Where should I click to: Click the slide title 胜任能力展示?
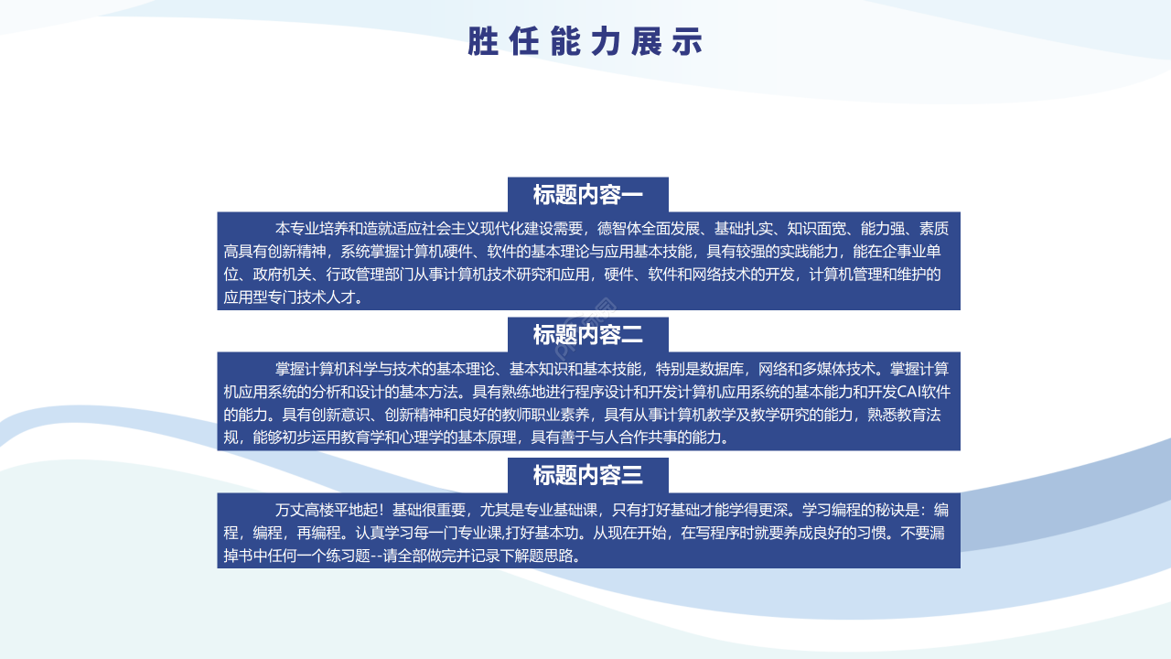pyautogui.click(x=585, y=42)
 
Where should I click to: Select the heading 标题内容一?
pyautogui.click(x=588, y=195)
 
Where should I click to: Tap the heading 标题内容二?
pyautogui.click(x=588, y=335)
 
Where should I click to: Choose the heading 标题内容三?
pyautogui.click(x=588, y=475)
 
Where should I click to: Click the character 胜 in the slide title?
pyautogui.click(x=482, y=42)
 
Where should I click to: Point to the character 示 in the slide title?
pyautogui.click(x=688, y=42)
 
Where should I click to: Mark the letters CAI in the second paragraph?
pyautogui.click(x=912, y=392)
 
